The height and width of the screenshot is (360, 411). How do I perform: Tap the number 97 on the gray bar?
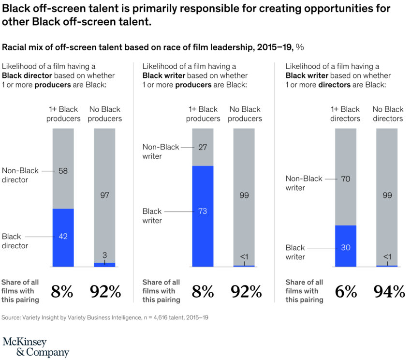104,195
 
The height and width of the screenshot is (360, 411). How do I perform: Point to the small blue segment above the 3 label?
104,265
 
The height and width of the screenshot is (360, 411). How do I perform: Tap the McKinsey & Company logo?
35,347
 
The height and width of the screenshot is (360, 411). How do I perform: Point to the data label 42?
63,237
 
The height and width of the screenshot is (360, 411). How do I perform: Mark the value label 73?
203,211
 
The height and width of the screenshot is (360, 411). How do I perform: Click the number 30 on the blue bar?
345,247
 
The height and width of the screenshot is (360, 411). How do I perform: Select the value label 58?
63,171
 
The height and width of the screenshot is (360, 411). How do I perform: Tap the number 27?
203,148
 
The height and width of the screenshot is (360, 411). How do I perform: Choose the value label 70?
345,179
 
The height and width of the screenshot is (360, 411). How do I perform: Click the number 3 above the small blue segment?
104,255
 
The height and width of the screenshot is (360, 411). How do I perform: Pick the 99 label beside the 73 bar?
244,195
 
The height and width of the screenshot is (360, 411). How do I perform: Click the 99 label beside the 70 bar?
387,195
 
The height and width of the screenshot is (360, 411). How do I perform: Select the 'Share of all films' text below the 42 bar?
20,291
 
